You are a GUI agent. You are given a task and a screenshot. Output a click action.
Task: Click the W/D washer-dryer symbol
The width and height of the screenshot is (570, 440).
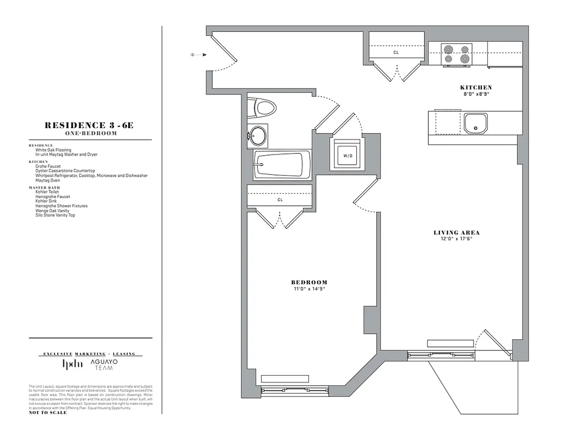[347, 156]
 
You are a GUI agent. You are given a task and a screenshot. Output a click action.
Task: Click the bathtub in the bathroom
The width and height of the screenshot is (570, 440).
[280, 164]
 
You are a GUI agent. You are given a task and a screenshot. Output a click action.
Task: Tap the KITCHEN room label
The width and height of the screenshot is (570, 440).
[476, 87]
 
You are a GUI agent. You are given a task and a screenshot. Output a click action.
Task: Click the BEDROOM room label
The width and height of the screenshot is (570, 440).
[309, 282]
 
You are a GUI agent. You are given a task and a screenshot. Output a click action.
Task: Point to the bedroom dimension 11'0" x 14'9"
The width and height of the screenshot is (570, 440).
[309, 289]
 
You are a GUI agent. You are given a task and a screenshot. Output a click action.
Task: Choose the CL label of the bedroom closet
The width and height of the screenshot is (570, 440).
[280, 200]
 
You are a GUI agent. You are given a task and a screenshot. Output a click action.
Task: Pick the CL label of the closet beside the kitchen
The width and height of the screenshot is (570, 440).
[395, 53]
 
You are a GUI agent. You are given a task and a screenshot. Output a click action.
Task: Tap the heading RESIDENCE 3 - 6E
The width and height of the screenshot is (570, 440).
[89, 125]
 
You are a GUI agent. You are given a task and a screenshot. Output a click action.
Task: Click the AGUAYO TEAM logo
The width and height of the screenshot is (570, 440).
[104, 364]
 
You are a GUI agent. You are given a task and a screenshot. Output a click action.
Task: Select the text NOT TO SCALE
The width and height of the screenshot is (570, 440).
[48, 413]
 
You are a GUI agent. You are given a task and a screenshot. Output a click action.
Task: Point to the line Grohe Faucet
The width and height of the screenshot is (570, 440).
[48, 166]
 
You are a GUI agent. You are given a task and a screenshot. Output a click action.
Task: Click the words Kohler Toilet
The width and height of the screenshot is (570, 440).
[47, 192]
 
